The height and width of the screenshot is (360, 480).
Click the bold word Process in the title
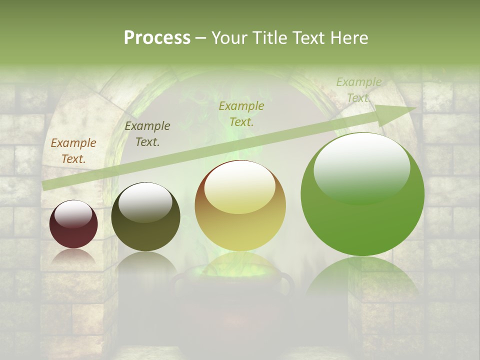click(157, 37)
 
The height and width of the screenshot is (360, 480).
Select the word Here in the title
click(348, 37)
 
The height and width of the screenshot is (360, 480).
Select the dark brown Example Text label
click(147, 134)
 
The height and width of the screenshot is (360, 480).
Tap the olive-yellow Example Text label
click(241, 113)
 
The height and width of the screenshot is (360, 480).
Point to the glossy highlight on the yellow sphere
click(240, 188)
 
